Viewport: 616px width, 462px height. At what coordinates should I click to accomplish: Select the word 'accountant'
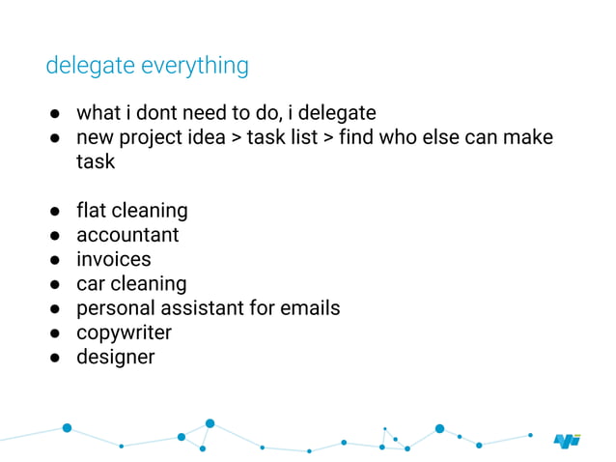point(127,235)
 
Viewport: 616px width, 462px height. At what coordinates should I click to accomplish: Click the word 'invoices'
point(114,259)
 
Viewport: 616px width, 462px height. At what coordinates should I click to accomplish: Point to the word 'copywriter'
point(124,332)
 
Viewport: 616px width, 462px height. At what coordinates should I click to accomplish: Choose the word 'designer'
point(115,357)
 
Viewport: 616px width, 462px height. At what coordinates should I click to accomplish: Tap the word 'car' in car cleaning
point(91,283)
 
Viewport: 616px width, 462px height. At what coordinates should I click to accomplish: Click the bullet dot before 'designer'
point(57,358)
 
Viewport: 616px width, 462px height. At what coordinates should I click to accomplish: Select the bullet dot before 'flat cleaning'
point(57,211)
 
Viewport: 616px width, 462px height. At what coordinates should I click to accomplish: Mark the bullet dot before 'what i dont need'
point(57,113)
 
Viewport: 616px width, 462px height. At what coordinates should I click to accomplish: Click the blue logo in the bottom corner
point(567,440)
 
